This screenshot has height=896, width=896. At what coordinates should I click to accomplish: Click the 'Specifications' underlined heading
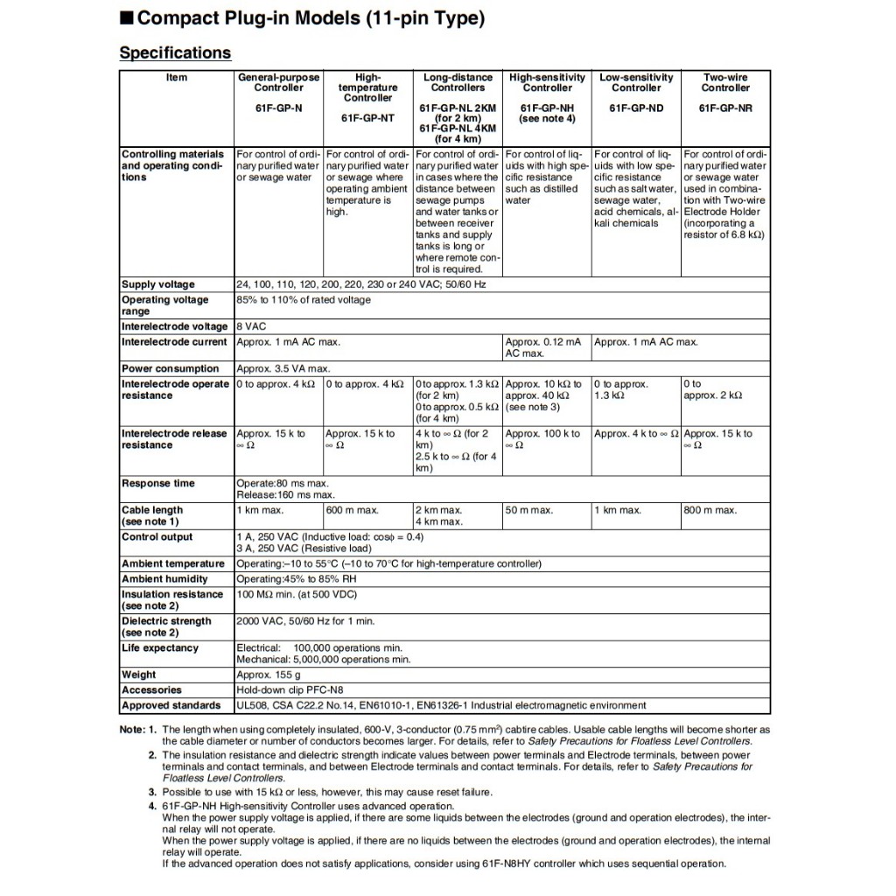point(175,52)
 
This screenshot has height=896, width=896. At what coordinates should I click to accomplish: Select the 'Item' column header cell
point(177,78)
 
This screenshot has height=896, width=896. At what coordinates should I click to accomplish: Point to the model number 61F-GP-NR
point(725,108)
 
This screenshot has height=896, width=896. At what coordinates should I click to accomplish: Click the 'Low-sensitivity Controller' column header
point(636,82)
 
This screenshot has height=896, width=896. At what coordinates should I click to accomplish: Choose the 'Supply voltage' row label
point(158,284)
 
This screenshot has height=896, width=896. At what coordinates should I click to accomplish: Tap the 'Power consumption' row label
point(170,368)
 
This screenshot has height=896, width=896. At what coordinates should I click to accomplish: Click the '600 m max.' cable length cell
point(352,510)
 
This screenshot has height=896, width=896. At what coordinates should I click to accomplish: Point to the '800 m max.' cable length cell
point(710,510)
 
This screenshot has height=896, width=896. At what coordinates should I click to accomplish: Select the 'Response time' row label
point(158,483)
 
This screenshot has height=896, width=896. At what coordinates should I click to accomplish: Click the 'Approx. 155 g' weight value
point(269,675)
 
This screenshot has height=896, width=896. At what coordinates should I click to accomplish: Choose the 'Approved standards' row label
point(171,705)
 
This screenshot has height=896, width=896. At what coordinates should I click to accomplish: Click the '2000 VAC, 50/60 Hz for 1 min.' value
point(305,621)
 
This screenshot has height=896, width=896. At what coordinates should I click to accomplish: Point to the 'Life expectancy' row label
point(160,648)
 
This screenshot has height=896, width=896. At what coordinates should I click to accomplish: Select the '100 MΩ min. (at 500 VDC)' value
point(297,594)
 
